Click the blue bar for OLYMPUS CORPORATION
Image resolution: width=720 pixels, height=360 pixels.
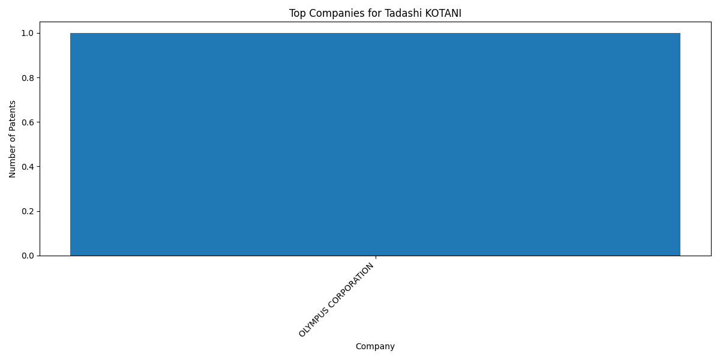point(375,145)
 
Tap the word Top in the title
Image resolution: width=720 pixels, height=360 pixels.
point(298,13)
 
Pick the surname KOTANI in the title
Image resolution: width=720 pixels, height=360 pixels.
point(443,13)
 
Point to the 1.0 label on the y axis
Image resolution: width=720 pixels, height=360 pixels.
point(28,34)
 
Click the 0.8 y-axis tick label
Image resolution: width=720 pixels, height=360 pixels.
point(28,78)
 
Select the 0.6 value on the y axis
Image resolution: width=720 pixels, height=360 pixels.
point(28,122)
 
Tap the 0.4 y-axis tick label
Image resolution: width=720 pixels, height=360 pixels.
point(28,167)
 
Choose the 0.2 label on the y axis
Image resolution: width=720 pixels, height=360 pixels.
point(28,211)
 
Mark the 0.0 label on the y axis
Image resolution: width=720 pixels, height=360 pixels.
point(28,256)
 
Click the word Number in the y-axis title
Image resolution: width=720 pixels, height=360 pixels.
point(12,164)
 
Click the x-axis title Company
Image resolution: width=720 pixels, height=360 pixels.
point(375,347)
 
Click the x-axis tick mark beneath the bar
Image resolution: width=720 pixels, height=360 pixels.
point(376,257)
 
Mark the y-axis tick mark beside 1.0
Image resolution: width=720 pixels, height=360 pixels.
point(38,33)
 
